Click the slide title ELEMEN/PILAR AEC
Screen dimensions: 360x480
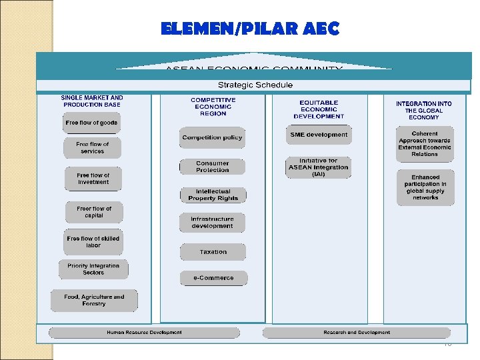(x=250, y=29)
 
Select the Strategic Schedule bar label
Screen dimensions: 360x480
(x=255, y=85)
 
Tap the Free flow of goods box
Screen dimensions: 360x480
(x=91, y=123)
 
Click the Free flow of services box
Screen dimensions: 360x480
(x=93, y=147)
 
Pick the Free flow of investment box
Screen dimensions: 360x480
(x=93, y=179)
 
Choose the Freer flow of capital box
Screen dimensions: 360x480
(x=94, y=212)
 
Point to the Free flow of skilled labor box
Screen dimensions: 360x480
(x=93, y=242)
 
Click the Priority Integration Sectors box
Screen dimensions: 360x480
(x=93, y=269)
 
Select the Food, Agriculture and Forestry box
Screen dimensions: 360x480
(x=94, y=300)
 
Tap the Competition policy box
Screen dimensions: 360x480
(x=212, y=138)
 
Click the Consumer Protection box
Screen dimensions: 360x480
(x=212, y=167)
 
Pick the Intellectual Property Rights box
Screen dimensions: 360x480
(x=213, y=195)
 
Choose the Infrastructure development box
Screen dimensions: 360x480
(x=212, y=223)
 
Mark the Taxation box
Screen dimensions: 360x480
(x=213, y=252)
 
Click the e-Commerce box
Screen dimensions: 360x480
(x=213, y=278)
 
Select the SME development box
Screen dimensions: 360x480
(x=319, y=135)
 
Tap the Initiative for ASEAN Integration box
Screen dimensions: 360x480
(x=318, y=167)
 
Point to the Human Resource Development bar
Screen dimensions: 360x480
(x=145, y=333)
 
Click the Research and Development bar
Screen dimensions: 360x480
(x=357, y=333)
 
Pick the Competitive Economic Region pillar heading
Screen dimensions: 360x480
(x=213, y=107)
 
